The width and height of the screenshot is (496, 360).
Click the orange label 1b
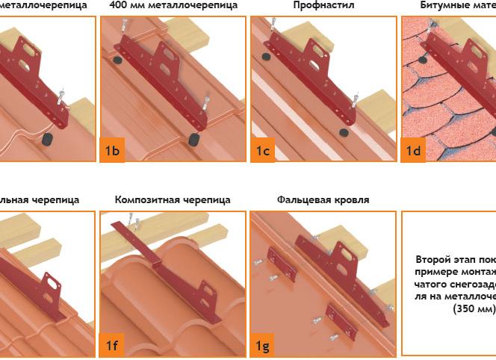coord(112,152)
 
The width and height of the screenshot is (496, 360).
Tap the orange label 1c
coord(263,152)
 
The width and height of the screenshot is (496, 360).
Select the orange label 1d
coord(413,152)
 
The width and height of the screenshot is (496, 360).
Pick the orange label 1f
coord(112,345)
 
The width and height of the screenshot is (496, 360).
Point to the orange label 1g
coord(263,345)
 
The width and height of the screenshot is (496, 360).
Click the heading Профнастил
coord(323,5)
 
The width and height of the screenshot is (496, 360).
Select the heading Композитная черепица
coord(173,199)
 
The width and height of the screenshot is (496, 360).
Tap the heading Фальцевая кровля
coord(323,199)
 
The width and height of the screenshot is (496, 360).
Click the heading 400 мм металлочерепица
coord(173,5)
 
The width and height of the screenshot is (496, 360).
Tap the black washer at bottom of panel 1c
coord(344,133)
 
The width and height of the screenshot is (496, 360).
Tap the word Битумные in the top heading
coord(441,5)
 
